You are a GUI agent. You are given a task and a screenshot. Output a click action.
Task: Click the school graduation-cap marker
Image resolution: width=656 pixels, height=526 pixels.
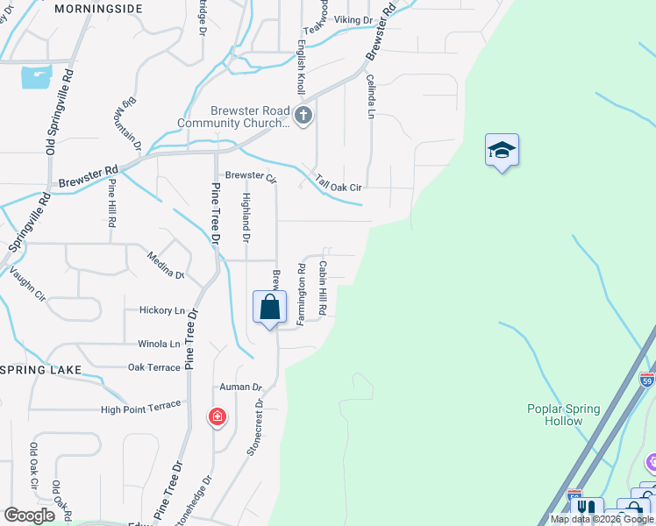coord(502,150)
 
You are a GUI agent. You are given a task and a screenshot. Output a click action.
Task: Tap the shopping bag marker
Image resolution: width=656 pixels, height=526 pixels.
coord(269,308)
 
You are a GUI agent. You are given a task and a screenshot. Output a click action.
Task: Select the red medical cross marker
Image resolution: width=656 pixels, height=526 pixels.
coord(217,416)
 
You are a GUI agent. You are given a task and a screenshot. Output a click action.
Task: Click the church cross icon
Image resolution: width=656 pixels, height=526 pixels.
coord(303,116)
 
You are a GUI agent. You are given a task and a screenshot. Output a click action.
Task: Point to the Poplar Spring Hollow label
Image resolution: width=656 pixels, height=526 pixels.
coord(564,415)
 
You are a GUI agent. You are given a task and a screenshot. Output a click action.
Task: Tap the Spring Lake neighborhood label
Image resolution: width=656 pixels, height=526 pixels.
coord(40,370)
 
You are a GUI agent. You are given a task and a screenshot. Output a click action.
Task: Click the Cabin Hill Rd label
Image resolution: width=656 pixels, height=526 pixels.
coord(323,288)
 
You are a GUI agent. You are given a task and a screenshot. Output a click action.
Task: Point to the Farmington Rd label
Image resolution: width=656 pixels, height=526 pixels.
coord(301,295)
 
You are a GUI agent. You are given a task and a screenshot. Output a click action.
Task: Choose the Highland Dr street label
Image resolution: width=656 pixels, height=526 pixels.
coord(246,219)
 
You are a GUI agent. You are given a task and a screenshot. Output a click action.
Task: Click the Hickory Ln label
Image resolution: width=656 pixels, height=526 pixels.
coord(162,310)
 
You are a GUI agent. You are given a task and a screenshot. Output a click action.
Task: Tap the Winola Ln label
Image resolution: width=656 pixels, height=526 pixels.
coord(159,345)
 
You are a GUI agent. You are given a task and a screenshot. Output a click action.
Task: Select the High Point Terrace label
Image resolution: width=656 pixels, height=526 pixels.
coord(140,407)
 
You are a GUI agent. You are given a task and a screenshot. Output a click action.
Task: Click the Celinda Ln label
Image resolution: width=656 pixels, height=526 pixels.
coord(370,96)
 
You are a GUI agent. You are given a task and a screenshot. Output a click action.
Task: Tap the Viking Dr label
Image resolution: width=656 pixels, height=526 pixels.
coord(353,18)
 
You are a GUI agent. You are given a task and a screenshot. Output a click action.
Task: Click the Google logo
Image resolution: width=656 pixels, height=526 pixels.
coord(29,515)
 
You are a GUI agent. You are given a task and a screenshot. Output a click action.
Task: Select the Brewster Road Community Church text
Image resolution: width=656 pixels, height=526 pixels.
coord(249,117)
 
